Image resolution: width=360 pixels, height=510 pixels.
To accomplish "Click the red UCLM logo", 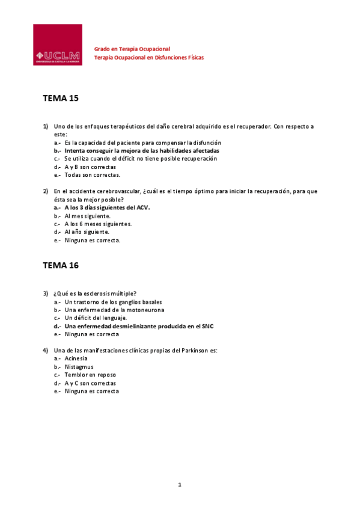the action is (x=57, y=45).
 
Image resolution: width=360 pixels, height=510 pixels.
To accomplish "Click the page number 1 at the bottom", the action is (x=179, y=484).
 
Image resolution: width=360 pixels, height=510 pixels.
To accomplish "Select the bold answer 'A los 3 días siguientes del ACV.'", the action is (x=107, y=207).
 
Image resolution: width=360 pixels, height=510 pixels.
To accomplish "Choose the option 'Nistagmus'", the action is (x=79, y=367).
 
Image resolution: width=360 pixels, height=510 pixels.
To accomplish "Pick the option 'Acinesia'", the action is (x=76, y=358).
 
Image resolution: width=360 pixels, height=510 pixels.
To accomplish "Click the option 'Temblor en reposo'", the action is (x=90, y=375).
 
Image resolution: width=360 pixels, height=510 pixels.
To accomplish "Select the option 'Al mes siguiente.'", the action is (x=87, y=215).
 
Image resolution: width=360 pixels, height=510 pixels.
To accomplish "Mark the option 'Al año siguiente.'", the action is (x=87, y=232).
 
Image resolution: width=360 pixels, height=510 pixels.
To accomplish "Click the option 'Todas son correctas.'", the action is (x=93, y=175).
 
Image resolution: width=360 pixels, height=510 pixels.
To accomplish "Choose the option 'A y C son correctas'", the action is (x=90, y=383).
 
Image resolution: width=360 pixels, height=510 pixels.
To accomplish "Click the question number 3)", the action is (x=45, y=293).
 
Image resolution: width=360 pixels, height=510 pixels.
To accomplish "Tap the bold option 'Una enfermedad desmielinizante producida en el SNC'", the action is (x=139, y=326).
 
